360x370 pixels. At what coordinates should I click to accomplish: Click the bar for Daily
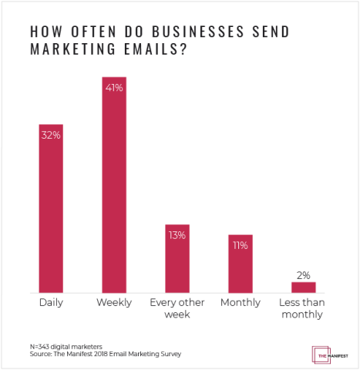(51, 208)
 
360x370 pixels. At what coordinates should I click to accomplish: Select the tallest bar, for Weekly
(114, 185)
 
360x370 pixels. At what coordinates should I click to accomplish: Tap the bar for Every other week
(177, 258)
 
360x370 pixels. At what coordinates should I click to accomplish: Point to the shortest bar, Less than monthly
(303, 288)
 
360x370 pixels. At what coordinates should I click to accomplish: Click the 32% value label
(51, 135)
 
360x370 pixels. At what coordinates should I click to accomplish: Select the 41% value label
(114, 87)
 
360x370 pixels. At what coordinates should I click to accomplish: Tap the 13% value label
(177, 235)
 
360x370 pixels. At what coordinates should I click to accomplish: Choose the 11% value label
(240, 245)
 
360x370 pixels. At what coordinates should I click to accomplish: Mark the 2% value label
(303, 274)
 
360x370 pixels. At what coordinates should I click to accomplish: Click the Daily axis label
(51, 302)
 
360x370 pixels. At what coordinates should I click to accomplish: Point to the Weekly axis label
(114, 302)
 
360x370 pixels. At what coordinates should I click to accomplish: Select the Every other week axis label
(177, 308)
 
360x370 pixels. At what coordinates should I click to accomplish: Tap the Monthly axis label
(240, 302)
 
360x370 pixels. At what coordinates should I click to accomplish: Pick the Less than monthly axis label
(303, 308)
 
